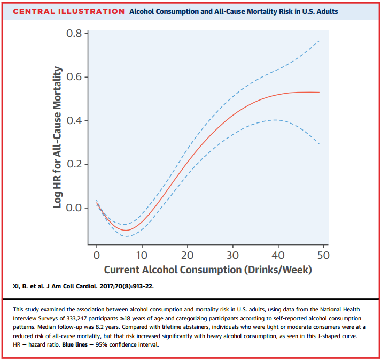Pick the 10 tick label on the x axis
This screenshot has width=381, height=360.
pyautogui.click(x=142, y=255)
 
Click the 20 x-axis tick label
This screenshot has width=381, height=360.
pyautogui.click(x=187, y=255)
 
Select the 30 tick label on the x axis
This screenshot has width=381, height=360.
pyautogui.click(x=232, y=255)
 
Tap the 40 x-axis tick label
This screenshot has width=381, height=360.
pyautogui.click(x=278, y=255)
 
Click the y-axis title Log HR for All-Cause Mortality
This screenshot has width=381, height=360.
pyautogui.click(x=58, y=137)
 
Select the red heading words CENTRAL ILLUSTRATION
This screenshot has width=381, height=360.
pyautogui.click(x=68, y=11)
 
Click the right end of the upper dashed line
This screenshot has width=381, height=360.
pyautogui.click(x=320, y=41)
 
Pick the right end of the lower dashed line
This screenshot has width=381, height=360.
pyautogui.click(x=320, y=144)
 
